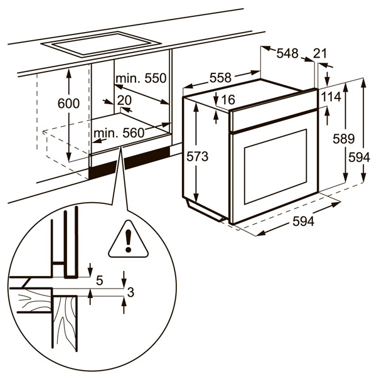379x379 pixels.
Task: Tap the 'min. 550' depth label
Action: (x=141, y=79)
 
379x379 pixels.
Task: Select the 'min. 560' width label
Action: (x=119, y=133)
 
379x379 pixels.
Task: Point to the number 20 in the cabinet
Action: (x=124, y=100)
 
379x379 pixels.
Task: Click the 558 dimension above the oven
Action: (x=220, y=78)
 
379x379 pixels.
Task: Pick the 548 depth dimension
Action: (x=287, y=54)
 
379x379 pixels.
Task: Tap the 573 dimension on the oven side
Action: (x=197, y=156)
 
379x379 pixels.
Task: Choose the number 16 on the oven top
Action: (x=228, y=100)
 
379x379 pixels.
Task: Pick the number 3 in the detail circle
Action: (x=131, y=292)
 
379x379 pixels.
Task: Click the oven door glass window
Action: (x=275, y=166)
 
